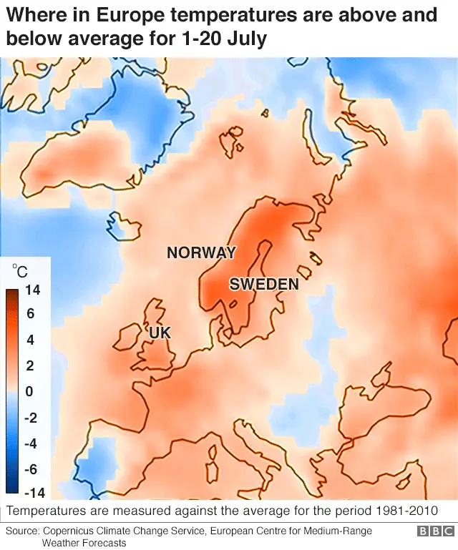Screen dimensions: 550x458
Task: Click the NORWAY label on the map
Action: click(x=201, y=252)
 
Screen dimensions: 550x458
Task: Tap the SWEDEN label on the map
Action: click(x=263, y=284)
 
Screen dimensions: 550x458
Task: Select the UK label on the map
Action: click(x=160, y=333)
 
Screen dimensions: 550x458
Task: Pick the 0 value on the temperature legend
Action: click(x=29, y=391)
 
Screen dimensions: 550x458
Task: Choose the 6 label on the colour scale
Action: click(x=30, y=314)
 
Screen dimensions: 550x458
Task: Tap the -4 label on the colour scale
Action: click(x=31, y=443)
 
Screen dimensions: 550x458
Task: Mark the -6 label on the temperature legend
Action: click(x=31, y=469)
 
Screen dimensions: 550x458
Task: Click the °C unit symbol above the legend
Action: click(x=20, y=271)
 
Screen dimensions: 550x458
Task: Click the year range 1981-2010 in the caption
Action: click(x=404, y=511)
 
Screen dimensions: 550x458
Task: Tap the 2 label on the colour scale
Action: click(x=30, y=365)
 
